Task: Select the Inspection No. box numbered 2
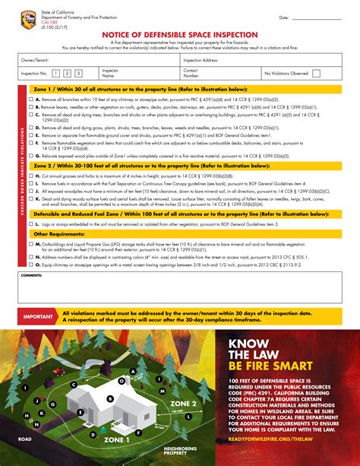point(67,73)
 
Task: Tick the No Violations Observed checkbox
point(316,74)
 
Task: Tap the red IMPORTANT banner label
point(37,315)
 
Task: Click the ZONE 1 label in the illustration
point(118,439)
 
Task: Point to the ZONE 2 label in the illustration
point(183,402)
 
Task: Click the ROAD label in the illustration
point(25,439)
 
